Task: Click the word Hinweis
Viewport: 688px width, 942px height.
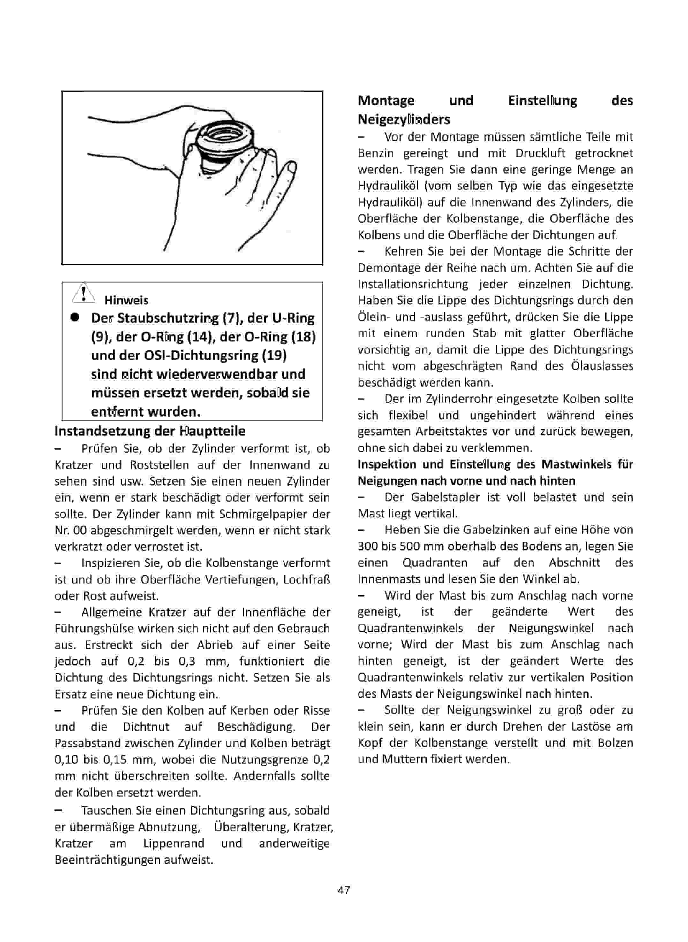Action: tap(126, 300)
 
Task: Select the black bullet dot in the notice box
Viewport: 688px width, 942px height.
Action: tap(75, 318)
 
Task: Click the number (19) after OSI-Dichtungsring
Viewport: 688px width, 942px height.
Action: tap(274, 356)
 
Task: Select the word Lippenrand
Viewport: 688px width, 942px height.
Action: tap(174, 843)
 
